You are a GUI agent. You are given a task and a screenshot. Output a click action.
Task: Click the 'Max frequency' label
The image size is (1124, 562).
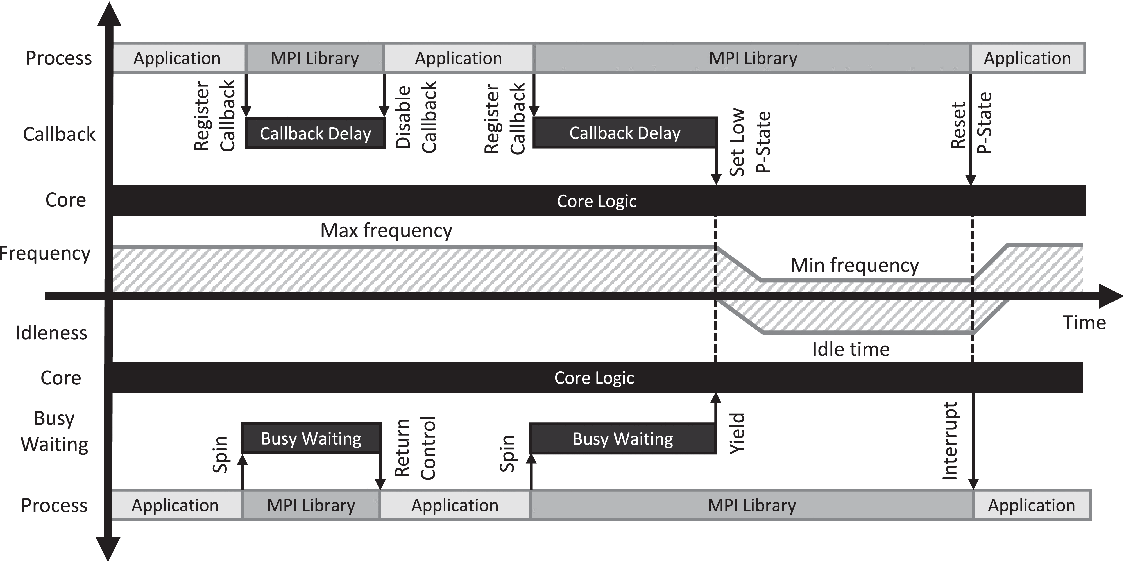pos(386,230)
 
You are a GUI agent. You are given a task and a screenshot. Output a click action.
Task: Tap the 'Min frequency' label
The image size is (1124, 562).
pos(854,265)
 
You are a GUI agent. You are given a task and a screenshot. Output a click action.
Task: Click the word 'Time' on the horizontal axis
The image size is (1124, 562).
pos(1084,323)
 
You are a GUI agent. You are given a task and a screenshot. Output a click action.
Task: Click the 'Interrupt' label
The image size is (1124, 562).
pos(950,441)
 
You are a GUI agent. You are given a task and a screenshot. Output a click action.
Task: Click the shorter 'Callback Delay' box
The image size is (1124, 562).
pos(316,133)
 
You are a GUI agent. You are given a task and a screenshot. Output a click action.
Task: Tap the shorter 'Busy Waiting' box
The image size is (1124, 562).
pos(311,439)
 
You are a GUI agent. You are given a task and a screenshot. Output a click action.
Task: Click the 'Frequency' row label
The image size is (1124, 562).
pos(45,253)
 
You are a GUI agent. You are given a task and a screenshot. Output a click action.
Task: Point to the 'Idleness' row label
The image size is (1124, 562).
pos(51,333)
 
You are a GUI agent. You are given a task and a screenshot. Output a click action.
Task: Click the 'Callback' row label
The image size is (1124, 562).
pos(59,134)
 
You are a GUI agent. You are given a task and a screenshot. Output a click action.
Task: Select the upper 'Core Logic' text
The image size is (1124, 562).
pos(597,201)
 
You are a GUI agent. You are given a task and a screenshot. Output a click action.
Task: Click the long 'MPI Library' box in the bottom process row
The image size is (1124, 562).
pos(751,505)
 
